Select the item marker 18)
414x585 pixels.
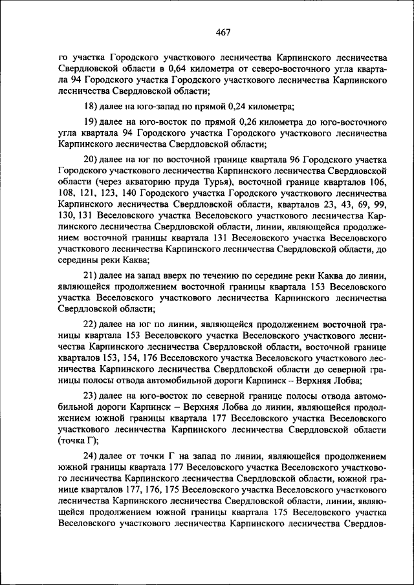coord(93,106)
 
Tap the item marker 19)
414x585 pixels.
coord(93,122)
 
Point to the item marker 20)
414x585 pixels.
coord(93,160)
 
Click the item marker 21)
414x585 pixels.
coord(93,275)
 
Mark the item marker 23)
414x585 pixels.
coord(93,395)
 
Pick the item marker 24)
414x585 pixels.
coord(93,456)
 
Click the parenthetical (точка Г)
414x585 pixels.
coord(78,441)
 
